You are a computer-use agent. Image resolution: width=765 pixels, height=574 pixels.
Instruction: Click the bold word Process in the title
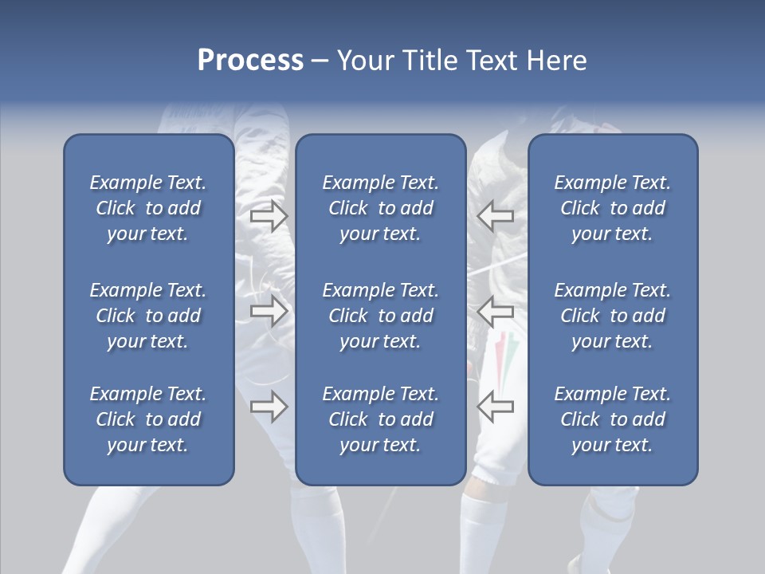click(250, 61)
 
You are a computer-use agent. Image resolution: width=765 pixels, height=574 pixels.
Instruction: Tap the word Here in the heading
click(555, 61)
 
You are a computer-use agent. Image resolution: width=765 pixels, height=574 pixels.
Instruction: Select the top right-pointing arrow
click(269, 216)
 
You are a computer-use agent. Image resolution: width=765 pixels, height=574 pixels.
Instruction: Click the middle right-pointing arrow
click(269, 311)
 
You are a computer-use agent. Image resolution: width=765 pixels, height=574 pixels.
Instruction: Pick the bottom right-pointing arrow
click(269, 407)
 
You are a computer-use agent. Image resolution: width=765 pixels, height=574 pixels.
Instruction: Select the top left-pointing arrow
click(495, 216)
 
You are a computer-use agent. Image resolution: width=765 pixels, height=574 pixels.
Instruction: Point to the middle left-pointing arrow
click(495, 311)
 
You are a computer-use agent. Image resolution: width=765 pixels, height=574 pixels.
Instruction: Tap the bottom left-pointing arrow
click(495, 407)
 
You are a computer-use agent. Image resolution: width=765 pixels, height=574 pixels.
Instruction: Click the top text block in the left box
click(148, 208)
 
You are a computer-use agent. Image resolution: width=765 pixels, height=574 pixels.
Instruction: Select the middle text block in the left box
click(148, 316)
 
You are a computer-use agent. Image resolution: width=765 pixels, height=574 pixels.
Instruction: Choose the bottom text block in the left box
click(148, 419)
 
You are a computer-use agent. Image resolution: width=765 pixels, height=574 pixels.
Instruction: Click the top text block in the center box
click(380, 208)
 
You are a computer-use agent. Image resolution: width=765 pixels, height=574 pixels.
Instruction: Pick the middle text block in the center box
click(380, 316)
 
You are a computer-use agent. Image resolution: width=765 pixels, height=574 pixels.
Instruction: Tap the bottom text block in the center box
click(380, 419)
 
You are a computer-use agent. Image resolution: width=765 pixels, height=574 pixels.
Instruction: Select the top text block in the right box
click(612, 208)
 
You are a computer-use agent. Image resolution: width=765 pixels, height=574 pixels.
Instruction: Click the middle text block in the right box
click(612, 316)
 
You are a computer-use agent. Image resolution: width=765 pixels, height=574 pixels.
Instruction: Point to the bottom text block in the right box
click(612, 419)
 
